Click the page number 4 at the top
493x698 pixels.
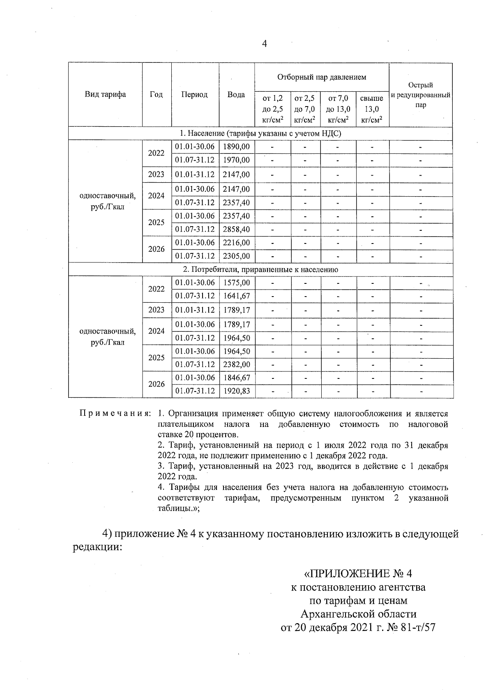point(264,44)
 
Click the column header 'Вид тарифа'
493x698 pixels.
point(105,94)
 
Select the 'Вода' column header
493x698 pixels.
point(236,94)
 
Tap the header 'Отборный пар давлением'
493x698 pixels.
point(321,77)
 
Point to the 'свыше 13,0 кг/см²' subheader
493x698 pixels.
point(371,109)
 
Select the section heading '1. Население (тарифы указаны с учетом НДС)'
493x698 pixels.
point(260,133)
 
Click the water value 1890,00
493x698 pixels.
point(236,146)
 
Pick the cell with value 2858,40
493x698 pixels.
point(236,229)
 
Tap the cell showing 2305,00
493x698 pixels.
point(236,256)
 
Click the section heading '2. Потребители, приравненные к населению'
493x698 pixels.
point(260,269)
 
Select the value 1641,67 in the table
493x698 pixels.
point(237,296)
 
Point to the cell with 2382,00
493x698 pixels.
point(237,364)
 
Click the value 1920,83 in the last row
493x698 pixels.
point(237,391)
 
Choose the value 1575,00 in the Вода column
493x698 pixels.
point(237,283)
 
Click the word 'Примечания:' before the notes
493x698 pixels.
point(115,413)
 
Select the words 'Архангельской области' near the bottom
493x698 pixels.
point(358,614)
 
